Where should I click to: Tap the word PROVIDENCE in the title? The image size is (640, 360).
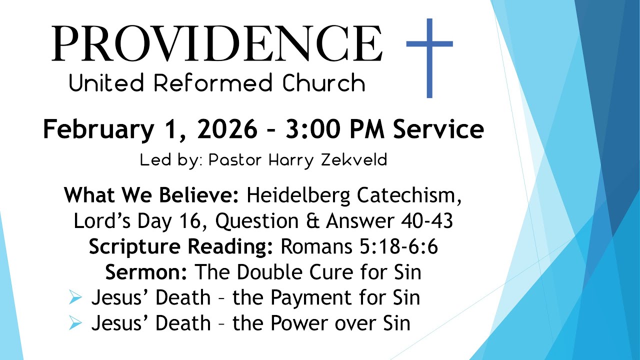click(x=217, y=43)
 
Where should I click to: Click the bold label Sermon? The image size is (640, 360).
click(x=146, y=272)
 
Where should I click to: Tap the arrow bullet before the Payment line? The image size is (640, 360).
click(x=75, y=298)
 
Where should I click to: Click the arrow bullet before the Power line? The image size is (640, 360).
click(x=75, y=323)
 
